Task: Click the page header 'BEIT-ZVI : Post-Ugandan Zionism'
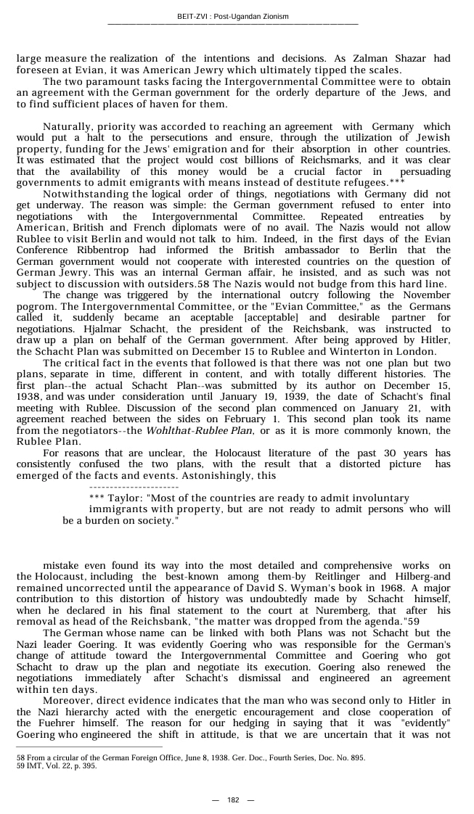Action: click(232, 16)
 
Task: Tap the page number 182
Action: click(233, 800)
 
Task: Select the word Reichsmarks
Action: click(325, 160)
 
